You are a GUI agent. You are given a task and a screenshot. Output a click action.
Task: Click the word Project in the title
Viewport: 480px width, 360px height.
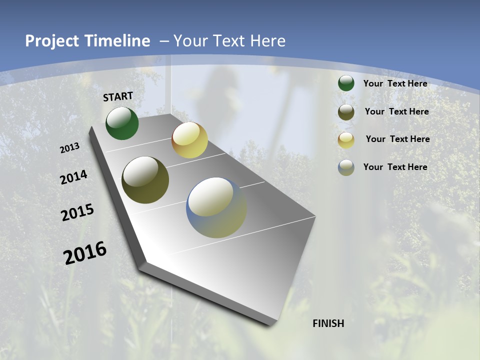click(x=51, y=41)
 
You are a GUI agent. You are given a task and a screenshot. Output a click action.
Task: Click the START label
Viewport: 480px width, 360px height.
click(x=118, y=96)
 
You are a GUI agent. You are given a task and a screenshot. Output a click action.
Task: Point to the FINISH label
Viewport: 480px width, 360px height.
click(x=328, y=323)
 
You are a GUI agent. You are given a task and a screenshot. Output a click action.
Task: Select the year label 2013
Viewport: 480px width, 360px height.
click(x=70, y=148)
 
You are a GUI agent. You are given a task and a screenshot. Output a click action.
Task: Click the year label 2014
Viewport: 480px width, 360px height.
click(x=74, y=177)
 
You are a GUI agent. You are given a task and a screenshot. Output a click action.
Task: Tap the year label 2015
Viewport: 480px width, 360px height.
click(x=77, y=212)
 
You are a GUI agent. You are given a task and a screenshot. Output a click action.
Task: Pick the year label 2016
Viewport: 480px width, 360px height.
click(x=85, y=253)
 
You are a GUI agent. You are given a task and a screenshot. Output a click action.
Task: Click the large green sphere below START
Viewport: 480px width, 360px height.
click(x=122, y=123)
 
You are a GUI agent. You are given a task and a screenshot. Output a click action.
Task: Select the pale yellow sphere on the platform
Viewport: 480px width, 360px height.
click(x=189, y=140)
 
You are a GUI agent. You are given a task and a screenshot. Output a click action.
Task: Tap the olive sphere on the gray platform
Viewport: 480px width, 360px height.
click(x=145, y=180)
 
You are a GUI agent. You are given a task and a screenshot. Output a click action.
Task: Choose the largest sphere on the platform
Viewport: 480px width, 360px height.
click(x=216, y=207)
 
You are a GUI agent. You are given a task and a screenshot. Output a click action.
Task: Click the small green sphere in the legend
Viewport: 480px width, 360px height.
click(x=346, y=83)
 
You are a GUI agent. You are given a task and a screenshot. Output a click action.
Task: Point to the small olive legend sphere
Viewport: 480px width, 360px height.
click(x=346, y=112)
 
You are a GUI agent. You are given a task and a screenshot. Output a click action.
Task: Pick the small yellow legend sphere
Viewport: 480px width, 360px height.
click(x=346, y=140)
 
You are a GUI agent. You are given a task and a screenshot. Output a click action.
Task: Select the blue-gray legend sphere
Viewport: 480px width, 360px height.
click(x=346, y=167)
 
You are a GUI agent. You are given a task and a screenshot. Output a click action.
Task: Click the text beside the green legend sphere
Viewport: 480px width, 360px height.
click(x=395, y=83)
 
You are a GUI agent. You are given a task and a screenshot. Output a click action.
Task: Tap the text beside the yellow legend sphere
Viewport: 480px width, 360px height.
click(x=397, y=139)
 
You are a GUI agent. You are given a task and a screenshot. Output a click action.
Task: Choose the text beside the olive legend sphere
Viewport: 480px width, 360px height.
click(x=396, y=111)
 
